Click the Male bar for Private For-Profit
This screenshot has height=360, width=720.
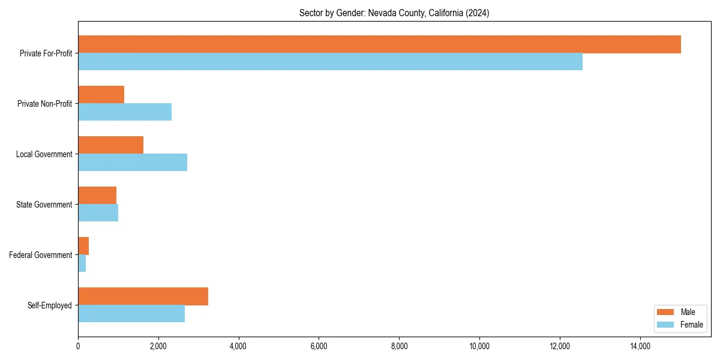pos(379,44)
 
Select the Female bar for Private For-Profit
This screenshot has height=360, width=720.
pos(330,62)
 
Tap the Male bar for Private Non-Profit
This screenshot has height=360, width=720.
pos(101,95)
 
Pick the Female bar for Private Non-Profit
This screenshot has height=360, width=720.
pos(125,112)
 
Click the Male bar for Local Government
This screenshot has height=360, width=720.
pos(110,145)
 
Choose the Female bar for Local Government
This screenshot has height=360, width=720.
pos(133,163)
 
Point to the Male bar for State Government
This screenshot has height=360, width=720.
pos(97,196)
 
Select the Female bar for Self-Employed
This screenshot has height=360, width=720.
pos(131,314)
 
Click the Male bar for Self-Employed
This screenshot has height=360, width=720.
pos(143,296)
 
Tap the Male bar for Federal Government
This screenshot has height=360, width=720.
pos(83,246)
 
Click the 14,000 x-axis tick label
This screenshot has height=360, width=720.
pos(640,346)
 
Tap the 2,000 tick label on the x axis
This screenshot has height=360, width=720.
pos(158,346)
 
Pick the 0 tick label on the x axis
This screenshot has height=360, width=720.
pos(78,346)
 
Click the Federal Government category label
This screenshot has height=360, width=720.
pos(41,255)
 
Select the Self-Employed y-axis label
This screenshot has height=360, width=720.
pos(50,305)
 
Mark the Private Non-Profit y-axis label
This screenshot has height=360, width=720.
pos(44,104)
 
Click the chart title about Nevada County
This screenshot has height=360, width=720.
pos(394,13)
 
